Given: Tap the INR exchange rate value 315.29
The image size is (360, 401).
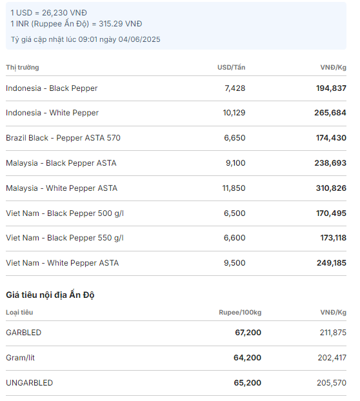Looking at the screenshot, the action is click(110, 24).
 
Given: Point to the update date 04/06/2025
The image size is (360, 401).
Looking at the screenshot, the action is click(139, 39).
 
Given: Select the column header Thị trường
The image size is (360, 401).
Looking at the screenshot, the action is click(23, 68).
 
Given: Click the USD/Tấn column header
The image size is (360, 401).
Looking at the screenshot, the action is click(232, 67).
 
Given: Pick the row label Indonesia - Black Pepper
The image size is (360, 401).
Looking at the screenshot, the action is click(52, 88).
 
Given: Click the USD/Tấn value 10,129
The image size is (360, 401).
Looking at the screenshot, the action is click(234, 113).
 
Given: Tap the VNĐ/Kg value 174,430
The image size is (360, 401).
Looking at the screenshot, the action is click(331, 138).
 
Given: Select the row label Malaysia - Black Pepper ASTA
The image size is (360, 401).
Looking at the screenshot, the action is click(61, 163).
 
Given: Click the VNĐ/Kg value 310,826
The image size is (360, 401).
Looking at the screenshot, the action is click(331, 188).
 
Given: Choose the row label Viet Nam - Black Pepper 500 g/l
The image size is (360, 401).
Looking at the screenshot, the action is click(65, 213).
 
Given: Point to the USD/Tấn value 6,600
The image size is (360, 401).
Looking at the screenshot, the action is click(234, 238).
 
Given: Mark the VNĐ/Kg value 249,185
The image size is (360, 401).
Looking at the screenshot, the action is click(332, 263).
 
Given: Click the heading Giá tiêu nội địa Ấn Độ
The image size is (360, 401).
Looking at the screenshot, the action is click(50, 295).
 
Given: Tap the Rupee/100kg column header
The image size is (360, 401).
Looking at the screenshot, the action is click(240, 313).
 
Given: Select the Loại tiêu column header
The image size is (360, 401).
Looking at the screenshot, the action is click(19, 313).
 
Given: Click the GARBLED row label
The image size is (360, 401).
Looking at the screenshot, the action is click(23, 333).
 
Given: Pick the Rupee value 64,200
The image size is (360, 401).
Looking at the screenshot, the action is click(247, 358).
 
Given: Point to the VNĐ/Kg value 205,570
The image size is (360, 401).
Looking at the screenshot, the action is click(332, 382).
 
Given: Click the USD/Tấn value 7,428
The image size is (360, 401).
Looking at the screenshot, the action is click(235, 88).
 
